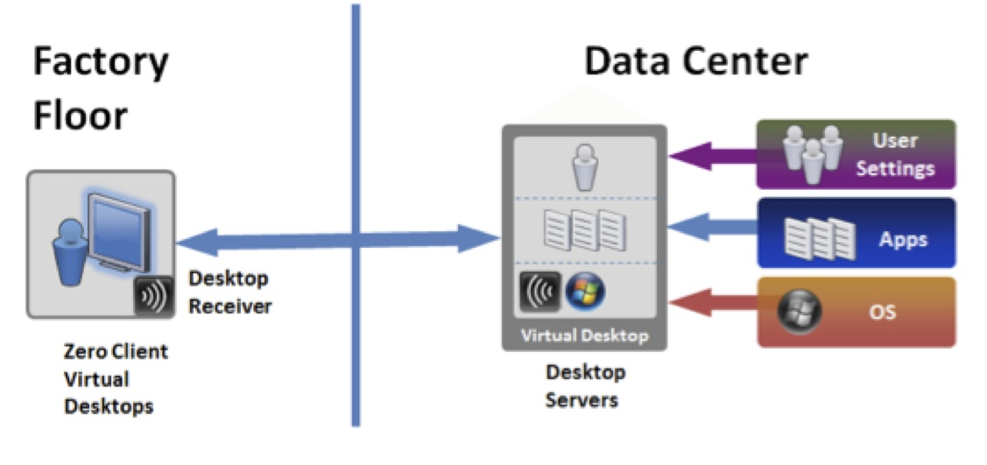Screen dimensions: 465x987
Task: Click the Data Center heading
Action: pos(695,62)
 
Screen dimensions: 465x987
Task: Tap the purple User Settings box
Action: pos(855,154)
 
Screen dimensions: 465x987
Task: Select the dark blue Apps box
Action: pos(855,232)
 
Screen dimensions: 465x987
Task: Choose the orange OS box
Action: pos(855,311)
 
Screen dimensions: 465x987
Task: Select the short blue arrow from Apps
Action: pos(711,228)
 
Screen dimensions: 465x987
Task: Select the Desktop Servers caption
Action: pos(583,385)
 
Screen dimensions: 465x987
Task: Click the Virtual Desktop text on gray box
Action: pos(583,335)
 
